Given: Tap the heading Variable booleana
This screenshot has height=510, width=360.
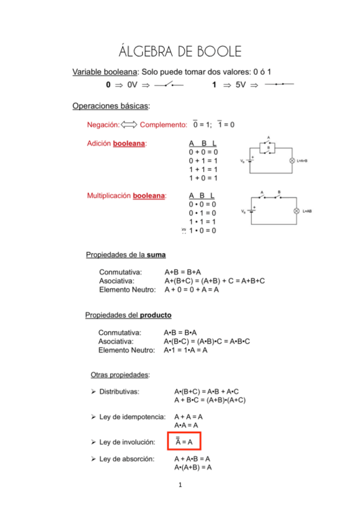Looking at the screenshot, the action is (x=106, y=72).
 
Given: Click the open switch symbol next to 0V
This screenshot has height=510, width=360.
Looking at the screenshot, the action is (x=168, y=85).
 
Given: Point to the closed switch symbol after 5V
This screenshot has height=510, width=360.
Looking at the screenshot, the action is (x=279, y=85).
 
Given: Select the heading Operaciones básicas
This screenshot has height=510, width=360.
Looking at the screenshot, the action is (x=111, y=106).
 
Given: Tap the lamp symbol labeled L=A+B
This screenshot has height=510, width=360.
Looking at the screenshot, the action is (x=291, y=161).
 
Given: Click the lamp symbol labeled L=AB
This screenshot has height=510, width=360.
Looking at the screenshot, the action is (x=296, y=211).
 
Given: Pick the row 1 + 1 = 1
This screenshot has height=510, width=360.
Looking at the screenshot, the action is (x=203, y=170).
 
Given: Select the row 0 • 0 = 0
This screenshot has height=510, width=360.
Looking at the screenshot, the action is (x=203, y=204).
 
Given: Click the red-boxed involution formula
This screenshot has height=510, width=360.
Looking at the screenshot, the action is (x=184, y=442).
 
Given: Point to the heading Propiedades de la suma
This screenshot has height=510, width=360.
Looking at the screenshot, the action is (x=126, y=254).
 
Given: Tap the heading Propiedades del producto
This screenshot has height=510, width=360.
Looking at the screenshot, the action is (x=128, y=315).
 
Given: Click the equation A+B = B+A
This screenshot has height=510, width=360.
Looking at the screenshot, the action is (x=183, y=272).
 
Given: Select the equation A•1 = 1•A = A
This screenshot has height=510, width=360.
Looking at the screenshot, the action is (x=186, y=350).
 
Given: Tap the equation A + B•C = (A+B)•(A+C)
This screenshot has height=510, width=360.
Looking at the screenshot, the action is (x=210, y=400).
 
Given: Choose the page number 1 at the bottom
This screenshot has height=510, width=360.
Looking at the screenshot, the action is (x=180, y=485).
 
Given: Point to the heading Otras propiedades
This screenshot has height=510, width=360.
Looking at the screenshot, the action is (x=120, y=375).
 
